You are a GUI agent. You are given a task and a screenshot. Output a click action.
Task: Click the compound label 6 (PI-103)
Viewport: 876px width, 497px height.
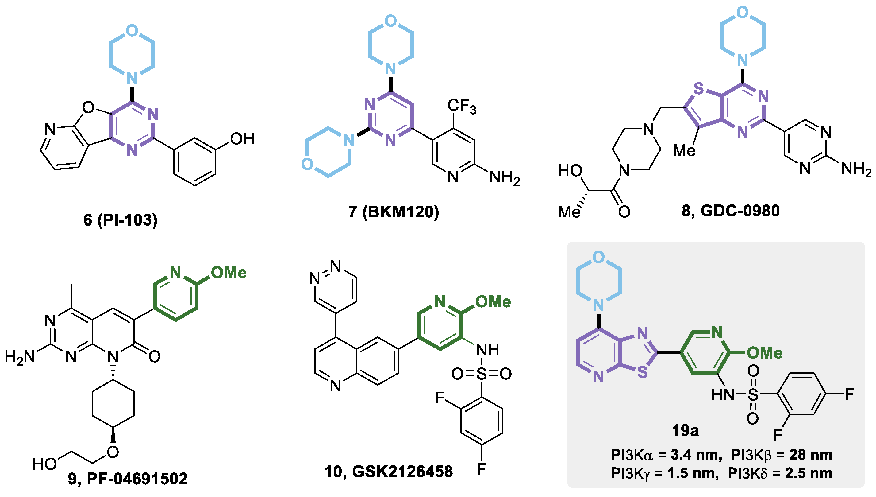[120, 220]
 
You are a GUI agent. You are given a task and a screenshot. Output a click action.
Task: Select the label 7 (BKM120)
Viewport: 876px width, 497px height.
[394, 212]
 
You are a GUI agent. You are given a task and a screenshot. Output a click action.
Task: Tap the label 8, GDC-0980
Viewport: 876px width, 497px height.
[730, 211]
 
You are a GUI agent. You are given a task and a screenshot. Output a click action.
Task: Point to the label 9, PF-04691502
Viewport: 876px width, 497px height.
[128, 479]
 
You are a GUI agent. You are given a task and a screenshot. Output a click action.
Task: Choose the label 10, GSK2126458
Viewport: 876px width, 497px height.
[388, 472]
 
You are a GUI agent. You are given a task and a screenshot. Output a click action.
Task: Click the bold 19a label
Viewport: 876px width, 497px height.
[685, 430]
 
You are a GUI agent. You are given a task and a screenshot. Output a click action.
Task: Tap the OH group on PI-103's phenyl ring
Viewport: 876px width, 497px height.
[242, 139]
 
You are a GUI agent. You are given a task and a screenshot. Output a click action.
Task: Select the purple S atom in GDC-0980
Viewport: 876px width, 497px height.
[699, 89]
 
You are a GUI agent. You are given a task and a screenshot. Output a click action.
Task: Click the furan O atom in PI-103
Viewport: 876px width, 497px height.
[88, 108]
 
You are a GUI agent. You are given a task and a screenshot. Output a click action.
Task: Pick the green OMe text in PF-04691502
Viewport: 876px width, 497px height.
[229, 273]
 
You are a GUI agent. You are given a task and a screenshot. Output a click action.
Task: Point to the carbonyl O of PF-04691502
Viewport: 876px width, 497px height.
[155, 356]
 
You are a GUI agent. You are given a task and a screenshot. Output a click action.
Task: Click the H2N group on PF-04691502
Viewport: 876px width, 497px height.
[20, 357]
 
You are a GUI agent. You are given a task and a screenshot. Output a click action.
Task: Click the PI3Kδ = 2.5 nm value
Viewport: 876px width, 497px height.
[780, 473]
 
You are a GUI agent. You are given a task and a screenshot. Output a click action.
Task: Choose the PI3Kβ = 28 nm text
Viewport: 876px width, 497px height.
[782, 455]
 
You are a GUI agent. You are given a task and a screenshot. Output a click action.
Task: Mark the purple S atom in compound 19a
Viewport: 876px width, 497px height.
[642, 372]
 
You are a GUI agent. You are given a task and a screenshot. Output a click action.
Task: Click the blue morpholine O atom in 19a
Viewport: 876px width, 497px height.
[598, 257]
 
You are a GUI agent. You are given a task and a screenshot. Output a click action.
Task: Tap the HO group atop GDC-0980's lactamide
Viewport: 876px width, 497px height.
[570, 171]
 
